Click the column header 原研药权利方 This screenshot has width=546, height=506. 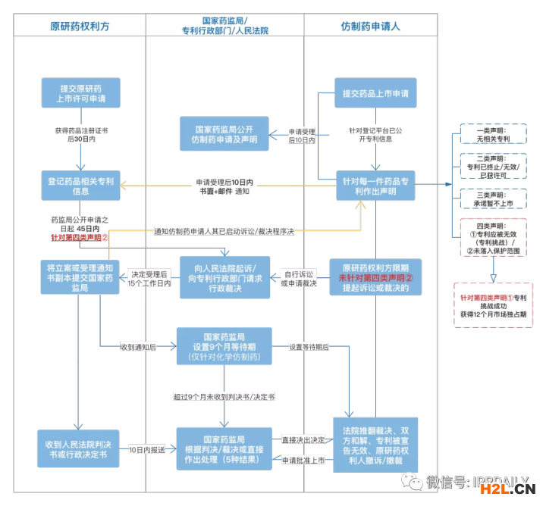[80, 25]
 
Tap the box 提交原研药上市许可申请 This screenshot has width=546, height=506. [79, 93]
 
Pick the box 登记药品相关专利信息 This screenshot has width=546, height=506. [79, 186]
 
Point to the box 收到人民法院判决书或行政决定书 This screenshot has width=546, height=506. [79, 448]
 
